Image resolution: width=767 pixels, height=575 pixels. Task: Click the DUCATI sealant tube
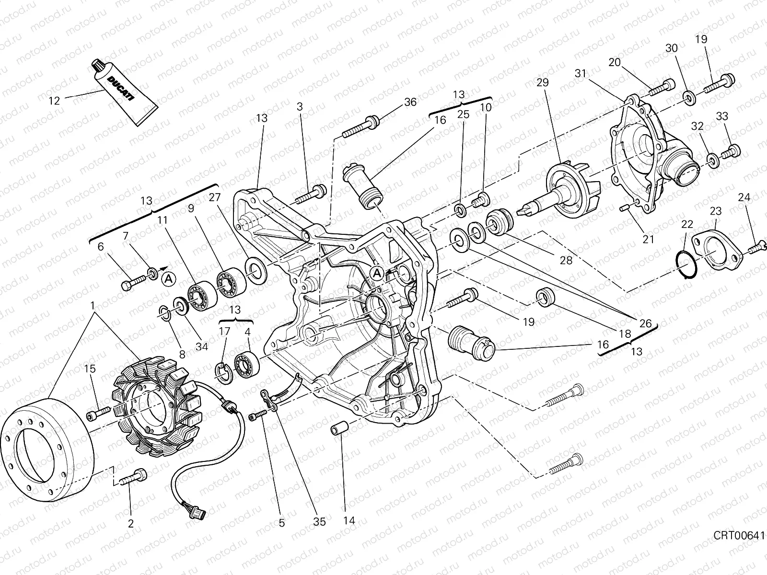122,94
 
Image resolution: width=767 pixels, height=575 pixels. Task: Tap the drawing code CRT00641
738,534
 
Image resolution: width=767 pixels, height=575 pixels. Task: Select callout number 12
55,101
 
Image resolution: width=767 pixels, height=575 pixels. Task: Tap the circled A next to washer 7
167,278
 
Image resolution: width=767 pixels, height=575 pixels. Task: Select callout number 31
581,73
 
